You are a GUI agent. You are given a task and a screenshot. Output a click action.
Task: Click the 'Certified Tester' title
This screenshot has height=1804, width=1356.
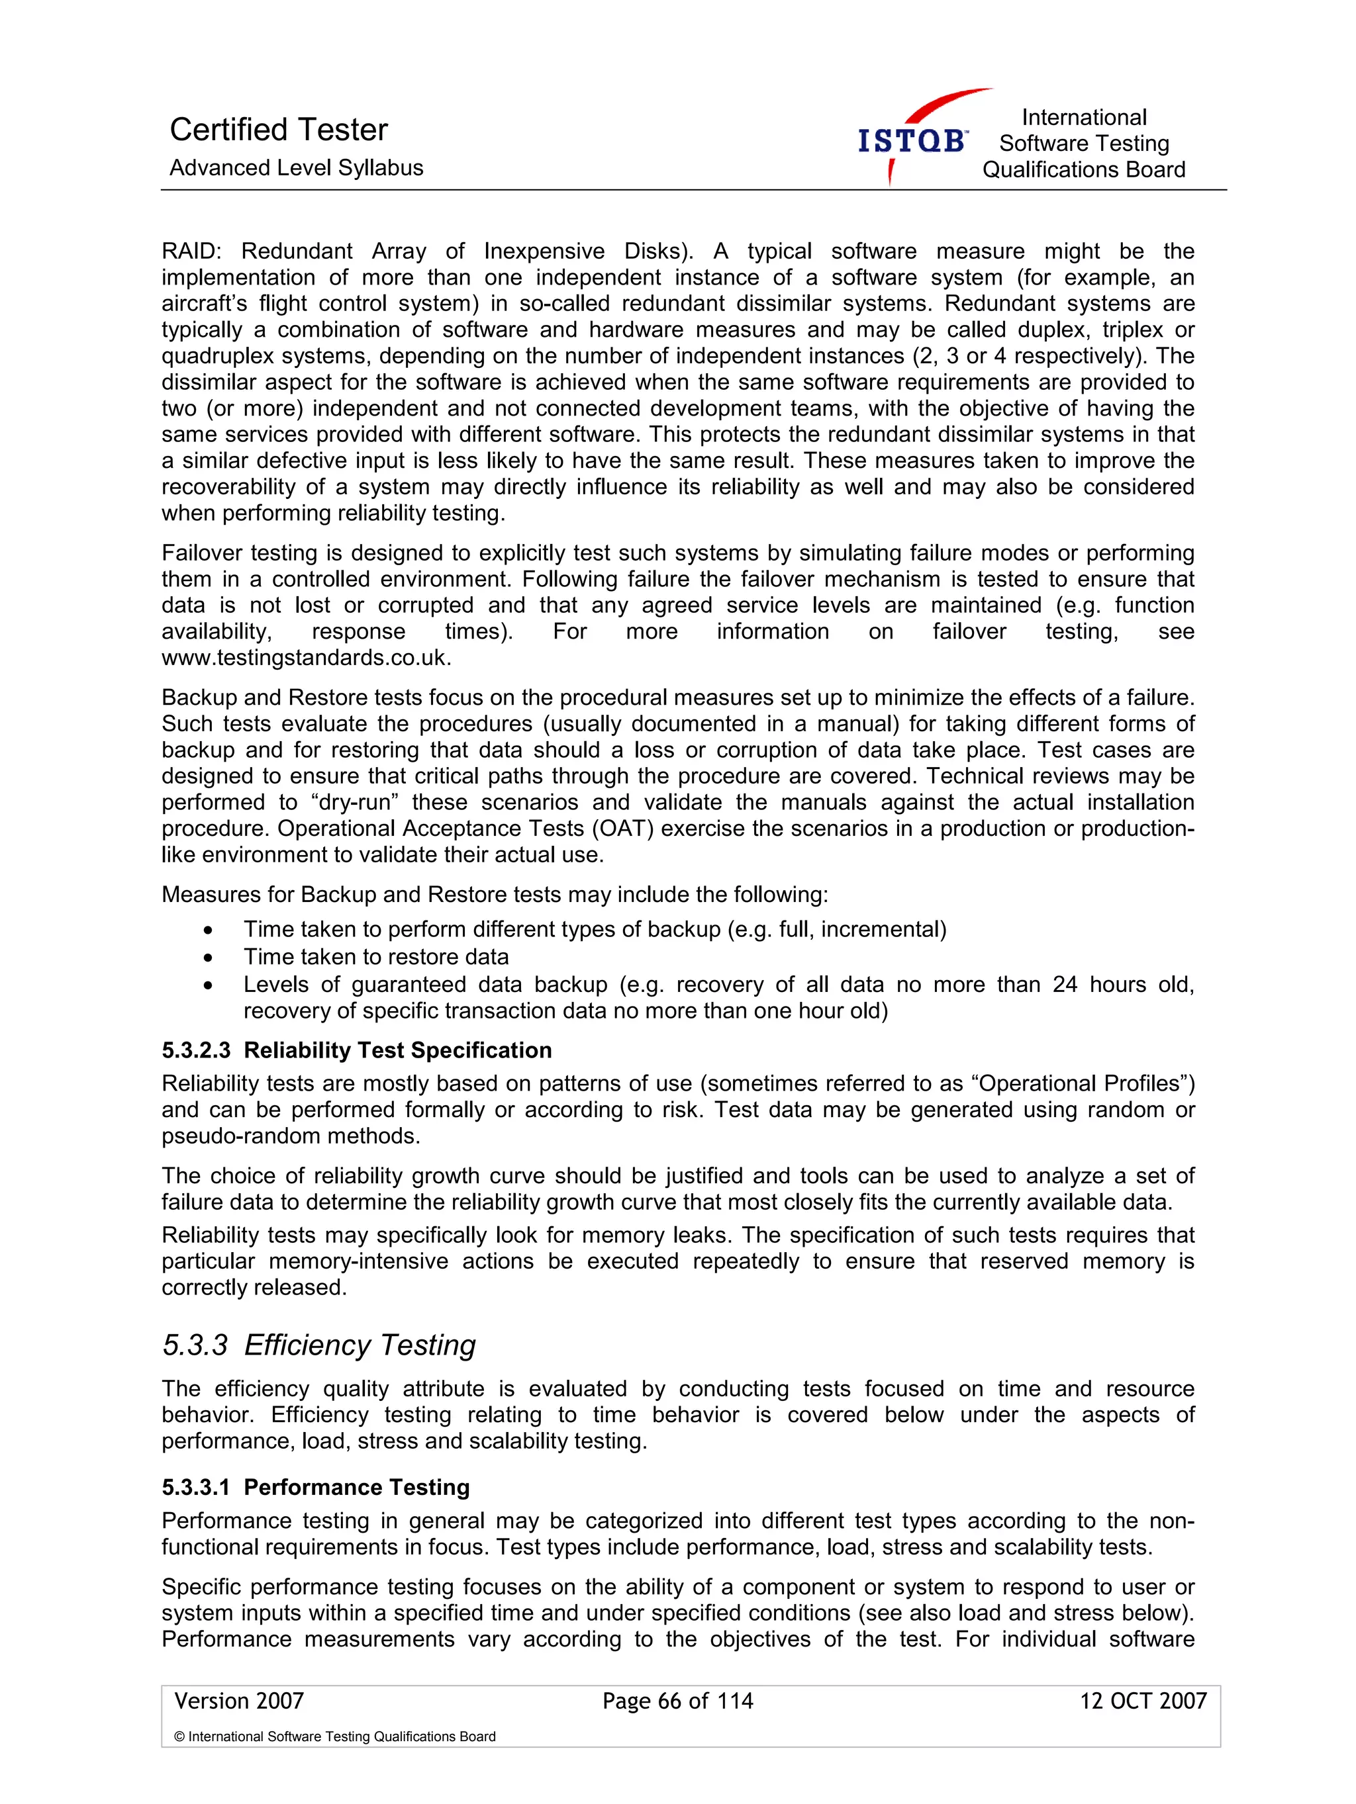click(x=278, y=130)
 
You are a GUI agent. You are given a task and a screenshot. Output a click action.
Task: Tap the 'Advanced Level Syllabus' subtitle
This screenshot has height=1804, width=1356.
click(x=296, y=168)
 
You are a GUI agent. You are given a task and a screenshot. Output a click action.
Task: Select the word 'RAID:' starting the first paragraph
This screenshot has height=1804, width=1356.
click(x=191, y=251)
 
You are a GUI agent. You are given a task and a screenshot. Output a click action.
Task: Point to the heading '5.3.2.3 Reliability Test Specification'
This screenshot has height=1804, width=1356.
click(x=356, y=1050)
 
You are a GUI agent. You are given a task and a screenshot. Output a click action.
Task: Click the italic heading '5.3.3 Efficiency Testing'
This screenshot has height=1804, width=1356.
click(x=318, y=1345)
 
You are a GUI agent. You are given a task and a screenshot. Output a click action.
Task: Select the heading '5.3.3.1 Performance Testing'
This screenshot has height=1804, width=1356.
click(x=315, y=1487)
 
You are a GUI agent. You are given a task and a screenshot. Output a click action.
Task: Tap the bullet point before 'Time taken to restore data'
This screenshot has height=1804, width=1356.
click(x=209, y=958)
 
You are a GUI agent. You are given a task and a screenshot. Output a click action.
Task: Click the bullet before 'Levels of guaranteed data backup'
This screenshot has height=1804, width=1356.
click(x=209, y=986)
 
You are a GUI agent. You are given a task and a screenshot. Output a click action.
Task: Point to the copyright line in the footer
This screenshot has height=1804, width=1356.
click(x=334, y=1736)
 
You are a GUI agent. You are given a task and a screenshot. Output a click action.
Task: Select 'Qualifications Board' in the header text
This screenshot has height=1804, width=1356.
click(x=1083, y=169)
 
